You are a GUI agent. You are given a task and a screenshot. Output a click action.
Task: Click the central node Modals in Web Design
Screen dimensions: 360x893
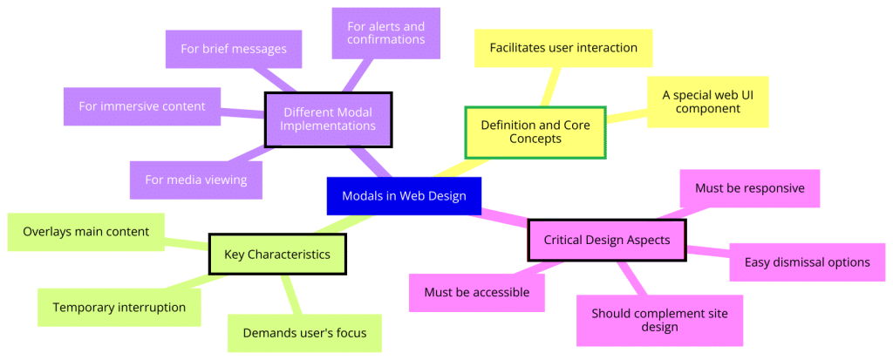404,196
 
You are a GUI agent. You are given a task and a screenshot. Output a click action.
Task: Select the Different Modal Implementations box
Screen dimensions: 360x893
329,119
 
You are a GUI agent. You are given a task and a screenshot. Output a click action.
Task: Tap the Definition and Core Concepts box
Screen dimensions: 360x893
535,132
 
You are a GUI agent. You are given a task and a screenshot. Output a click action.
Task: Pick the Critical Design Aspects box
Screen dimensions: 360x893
606,240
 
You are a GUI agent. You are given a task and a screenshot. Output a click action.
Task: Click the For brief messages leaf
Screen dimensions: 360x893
234,49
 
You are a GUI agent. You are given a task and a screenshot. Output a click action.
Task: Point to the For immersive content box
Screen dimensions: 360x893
142,106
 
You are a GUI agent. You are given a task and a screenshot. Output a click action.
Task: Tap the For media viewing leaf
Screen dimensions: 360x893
196,180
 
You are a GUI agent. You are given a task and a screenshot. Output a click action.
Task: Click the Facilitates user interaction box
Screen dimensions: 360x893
562,47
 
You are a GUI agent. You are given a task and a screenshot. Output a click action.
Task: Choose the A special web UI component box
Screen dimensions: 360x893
707,102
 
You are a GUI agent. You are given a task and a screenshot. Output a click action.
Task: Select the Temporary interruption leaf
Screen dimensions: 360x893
119,308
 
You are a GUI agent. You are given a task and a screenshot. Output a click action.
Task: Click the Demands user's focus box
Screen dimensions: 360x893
304,333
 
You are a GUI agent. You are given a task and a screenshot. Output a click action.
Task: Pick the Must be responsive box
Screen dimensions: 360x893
749,188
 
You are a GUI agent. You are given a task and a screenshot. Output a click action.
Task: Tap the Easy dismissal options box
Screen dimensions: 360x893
807,262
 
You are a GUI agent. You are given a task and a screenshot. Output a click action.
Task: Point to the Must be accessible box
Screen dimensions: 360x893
477,292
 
